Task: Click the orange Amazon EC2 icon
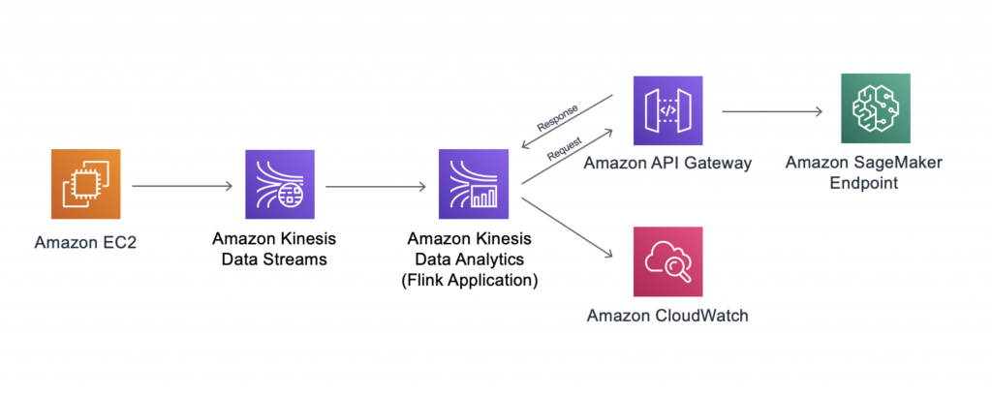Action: (86, 185)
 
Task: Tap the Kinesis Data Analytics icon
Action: (474, 185)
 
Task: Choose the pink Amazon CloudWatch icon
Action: (668, 261)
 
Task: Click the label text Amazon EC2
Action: (86, 242)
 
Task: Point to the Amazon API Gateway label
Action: (668, 164)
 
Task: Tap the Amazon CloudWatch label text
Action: (668, 316)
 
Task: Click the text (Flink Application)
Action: (474, 280)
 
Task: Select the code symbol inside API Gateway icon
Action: (668, 110)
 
